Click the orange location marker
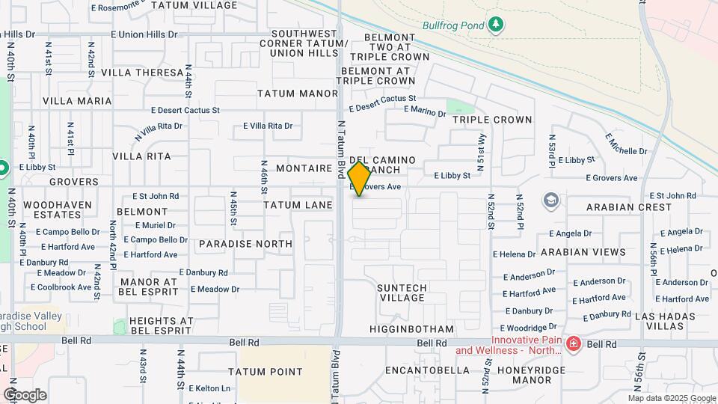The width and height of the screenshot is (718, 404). click(x=359, y=179)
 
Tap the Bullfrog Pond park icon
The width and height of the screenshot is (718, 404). click(x=494, y=25)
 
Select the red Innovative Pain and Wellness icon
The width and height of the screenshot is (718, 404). click(x=574, y=344)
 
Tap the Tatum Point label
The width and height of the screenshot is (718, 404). click(x=266, y=371)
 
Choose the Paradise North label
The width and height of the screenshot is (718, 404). click(x=245, y=244)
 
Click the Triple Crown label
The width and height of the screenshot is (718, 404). click(x=492, y=120)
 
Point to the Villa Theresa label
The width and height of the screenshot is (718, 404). click(x=142, y=73)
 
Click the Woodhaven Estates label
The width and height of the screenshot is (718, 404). click(x=58, y=209)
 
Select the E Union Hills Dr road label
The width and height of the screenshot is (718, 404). click(x=147, y=34)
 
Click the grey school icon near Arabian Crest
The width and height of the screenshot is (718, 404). click(x=551, y=200)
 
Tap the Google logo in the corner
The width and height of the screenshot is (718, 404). click(x=25, y=395)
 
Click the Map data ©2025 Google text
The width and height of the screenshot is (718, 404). click(x=671, y=398)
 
